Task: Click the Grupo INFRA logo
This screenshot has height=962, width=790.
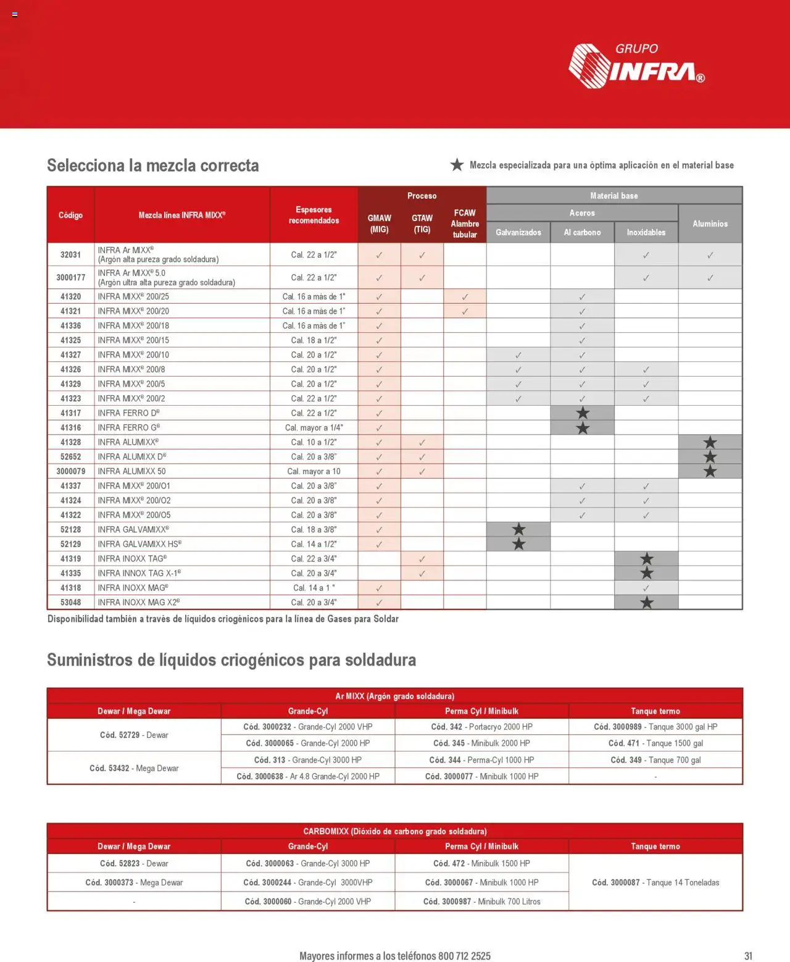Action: coord(636,65)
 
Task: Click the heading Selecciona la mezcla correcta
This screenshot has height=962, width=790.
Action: coord(152,165)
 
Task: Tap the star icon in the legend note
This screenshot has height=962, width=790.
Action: coord(457,165)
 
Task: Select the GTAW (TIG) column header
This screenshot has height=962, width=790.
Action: coord(422,224)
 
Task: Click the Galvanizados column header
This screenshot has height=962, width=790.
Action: coord(518,232)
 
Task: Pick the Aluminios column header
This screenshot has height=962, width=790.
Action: coord(710,224)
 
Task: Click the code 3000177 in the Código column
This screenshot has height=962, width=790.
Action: coord(70,278)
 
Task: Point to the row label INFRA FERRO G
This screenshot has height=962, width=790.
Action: coord(128,427)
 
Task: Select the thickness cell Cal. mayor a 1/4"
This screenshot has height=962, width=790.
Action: coord(314,427)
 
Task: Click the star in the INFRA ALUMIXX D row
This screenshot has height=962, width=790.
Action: coord(710,457)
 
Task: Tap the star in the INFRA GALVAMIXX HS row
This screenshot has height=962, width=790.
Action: coord(518,544)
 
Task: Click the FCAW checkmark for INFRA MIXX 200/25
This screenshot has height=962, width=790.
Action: coord(465,297)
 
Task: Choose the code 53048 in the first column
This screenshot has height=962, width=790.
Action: coord(70,602)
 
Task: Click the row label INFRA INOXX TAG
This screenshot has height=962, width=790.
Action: coord(132,559)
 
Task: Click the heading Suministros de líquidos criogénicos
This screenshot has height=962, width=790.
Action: coord(231,660)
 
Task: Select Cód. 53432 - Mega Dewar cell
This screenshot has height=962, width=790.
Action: coord(134,768)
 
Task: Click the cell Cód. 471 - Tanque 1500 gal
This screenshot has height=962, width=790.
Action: coord(655,743)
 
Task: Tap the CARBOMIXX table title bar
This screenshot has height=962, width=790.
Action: coord(395,831)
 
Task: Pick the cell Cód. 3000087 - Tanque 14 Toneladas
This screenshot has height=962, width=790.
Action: coord(655,882)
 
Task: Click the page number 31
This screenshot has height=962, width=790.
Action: coord(748,955)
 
